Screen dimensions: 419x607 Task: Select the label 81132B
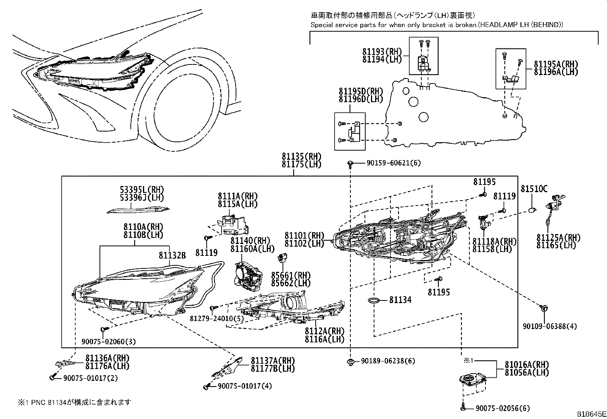pyautogui.click(x=172, y=256)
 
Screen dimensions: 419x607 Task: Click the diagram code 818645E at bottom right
pyautogui.click(x=591, y=414)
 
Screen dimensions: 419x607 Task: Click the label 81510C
pyautogui.click(x=534, y=189)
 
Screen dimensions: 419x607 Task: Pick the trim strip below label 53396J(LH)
pyautogui.click(x=138, y=209)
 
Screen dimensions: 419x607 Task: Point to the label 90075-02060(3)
pyautogui.click(x=108, y=342)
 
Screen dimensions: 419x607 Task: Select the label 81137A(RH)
pyautogui.click(x=273, y=361)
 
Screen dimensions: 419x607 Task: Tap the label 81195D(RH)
pyautogui.click(x=361, y=92)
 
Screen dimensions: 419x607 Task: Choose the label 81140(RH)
pyautogui.click(x=250, y=241)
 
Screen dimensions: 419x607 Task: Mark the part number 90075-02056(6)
pyautogui.click(x=503, y=408)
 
